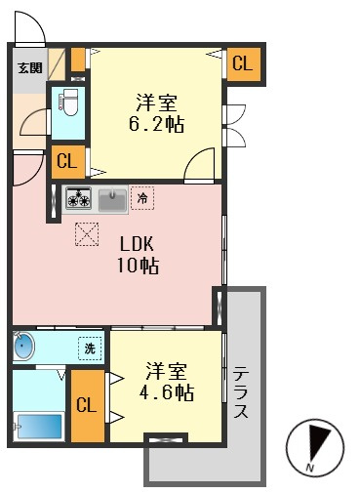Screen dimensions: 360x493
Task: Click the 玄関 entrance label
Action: pyautogui.click(x=30, y=68)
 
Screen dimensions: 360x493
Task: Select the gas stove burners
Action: pyautogui.click(x=79, y=197)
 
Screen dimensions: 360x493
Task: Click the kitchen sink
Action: pyautogui.click(x=112, y=200)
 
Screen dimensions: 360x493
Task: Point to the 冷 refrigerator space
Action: pyautogui.click(x=142, y=197)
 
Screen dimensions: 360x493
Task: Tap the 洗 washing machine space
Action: pyautogui.click(x=90, y=349)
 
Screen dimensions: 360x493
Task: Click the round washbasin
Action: pyautogui.click(x=23, y=346)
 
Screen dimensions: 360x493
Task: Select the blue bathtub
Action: pyautogui.click(x=39, y=426)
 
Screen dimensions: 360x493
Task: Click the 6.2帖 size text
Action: pyautogui.click(x=156, y=124)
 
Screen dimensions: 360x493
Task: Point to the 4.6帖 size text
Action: pyautogui.click(x=167, y=392)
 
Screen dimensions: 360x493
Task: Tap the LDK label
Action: pyautogui.click(x=137, y=243)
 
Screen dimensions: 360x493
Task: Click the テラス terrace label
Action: pyautogui.click(x=241, y=391)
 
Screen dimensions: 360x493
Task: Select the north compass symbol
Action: pyautogui.click(x=315, y=448)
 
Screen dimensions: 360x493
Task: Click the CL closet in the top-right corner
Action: pyautogui.click(x=243, y=63)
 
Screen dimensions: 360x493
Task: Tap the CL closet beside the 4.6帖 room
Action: pyautogui.click(x=87, y=405)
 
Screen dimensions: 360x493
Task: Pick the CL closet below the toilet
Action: pyautogui.click(x=67, y=161)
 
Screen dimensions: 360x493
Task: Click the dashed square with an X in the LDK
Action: pyautogui.click(x=87, y=234)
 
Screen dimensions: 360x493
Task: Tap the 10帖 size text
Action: pyautogui.click(x=138, y=266)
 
